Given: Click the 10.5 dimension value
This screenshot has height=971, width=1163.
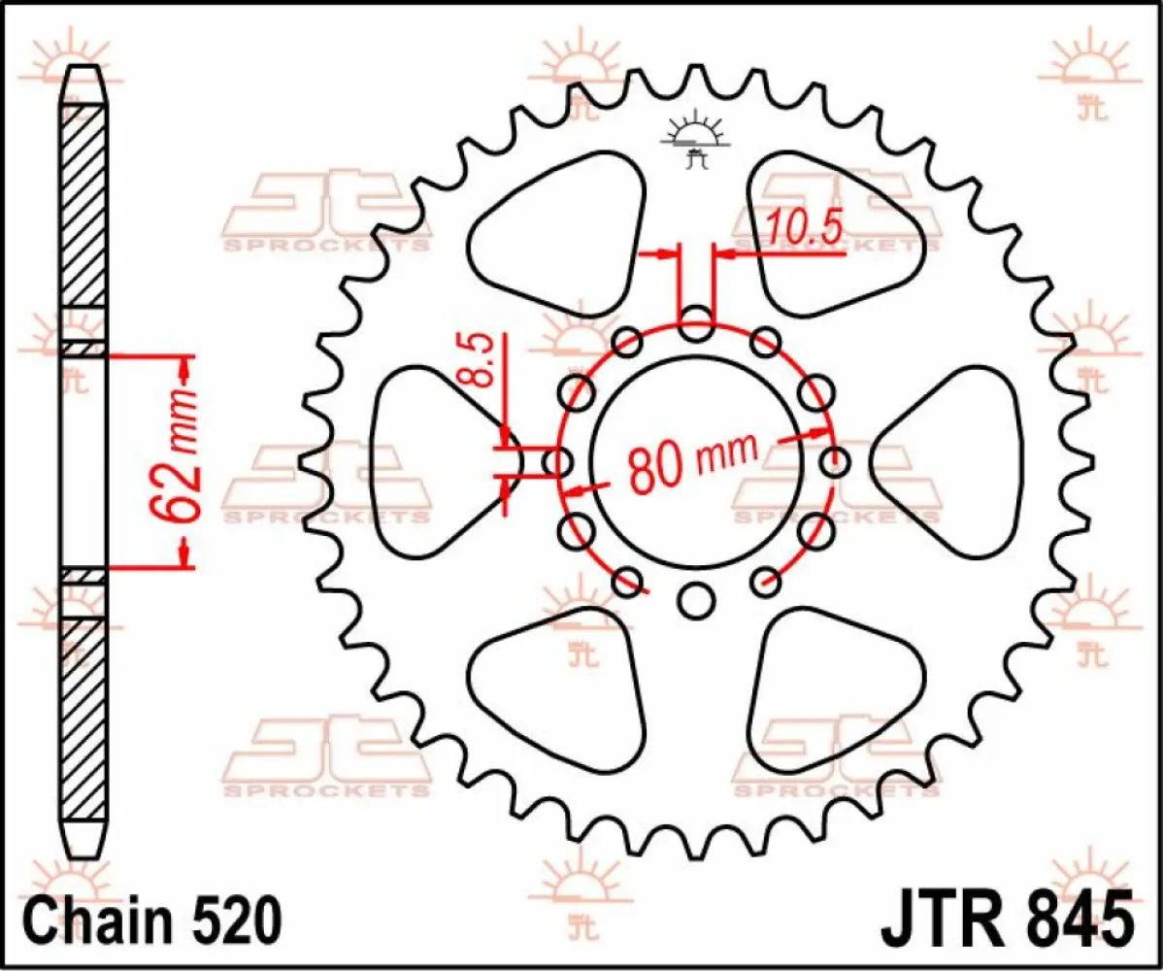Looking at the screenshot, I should [804, 230].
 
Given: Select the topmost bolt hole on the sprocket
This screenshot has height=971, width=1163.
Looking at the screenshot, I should [695, 324].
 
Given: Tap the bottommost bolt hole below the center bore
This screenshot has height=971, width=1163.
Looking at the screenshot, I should [695, 601].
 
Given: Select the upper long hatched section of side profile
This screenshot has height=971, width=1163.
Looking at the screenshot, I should [83, 204].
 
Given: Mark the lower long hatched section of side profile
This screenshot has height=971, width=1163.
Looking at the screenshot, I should [83, 719].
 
